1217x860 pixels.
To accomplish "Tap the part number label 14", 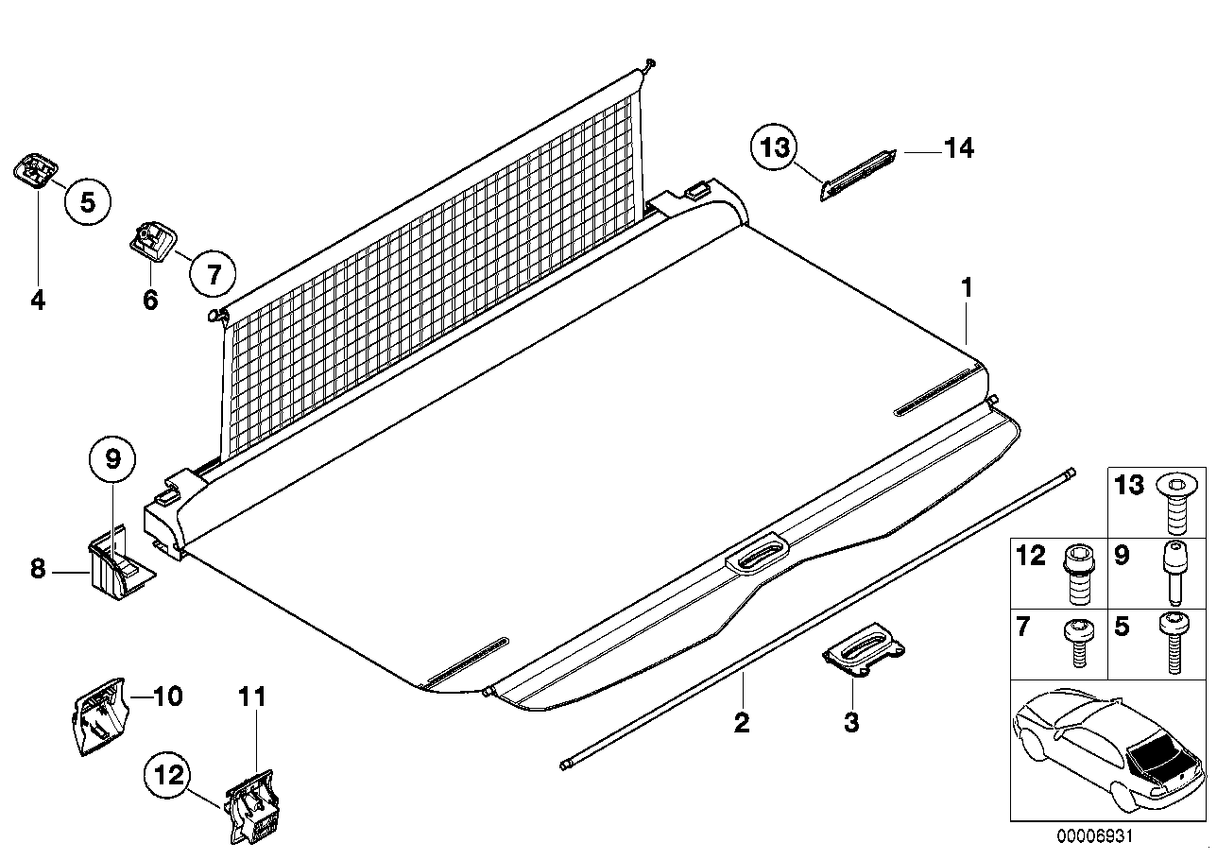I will (959, 149).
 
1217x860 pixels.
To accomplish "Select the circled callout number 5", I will (87, 201).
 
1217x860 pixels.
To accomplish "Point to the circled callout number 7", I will (213, 274).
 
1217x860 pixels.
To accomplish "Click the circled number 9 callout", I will (112, 460).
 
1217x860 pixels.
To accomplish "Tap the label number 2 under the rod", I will (742, 723).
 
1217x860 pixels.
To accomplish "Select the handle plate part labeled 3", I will (863, 651).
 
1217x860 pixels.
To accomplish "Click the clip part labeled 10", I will (97, 717).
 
